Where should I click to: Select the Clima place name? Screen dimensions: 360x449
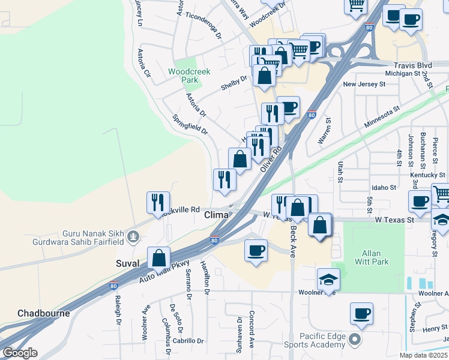coord(216,215)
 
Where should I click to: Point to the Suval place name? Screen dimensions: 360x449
coord(128,263)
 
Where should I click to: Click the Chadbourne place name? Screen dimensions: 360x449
coord(43,313)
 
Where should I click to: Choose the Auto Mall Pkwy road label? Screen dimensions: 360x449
coord(163,271)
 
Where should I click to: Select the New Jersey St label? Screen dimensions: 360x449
coord(364,85)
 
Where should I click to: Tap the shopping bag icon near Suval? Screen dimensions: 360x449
coord(158,258)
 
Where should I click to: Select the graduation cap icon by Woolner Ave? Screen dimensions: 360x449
coord(328,278)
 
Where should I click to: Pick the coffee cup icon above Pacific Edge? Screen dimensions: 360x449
coord(361,313)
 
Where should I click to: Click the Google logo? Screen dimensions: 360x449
coord(20,353)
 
